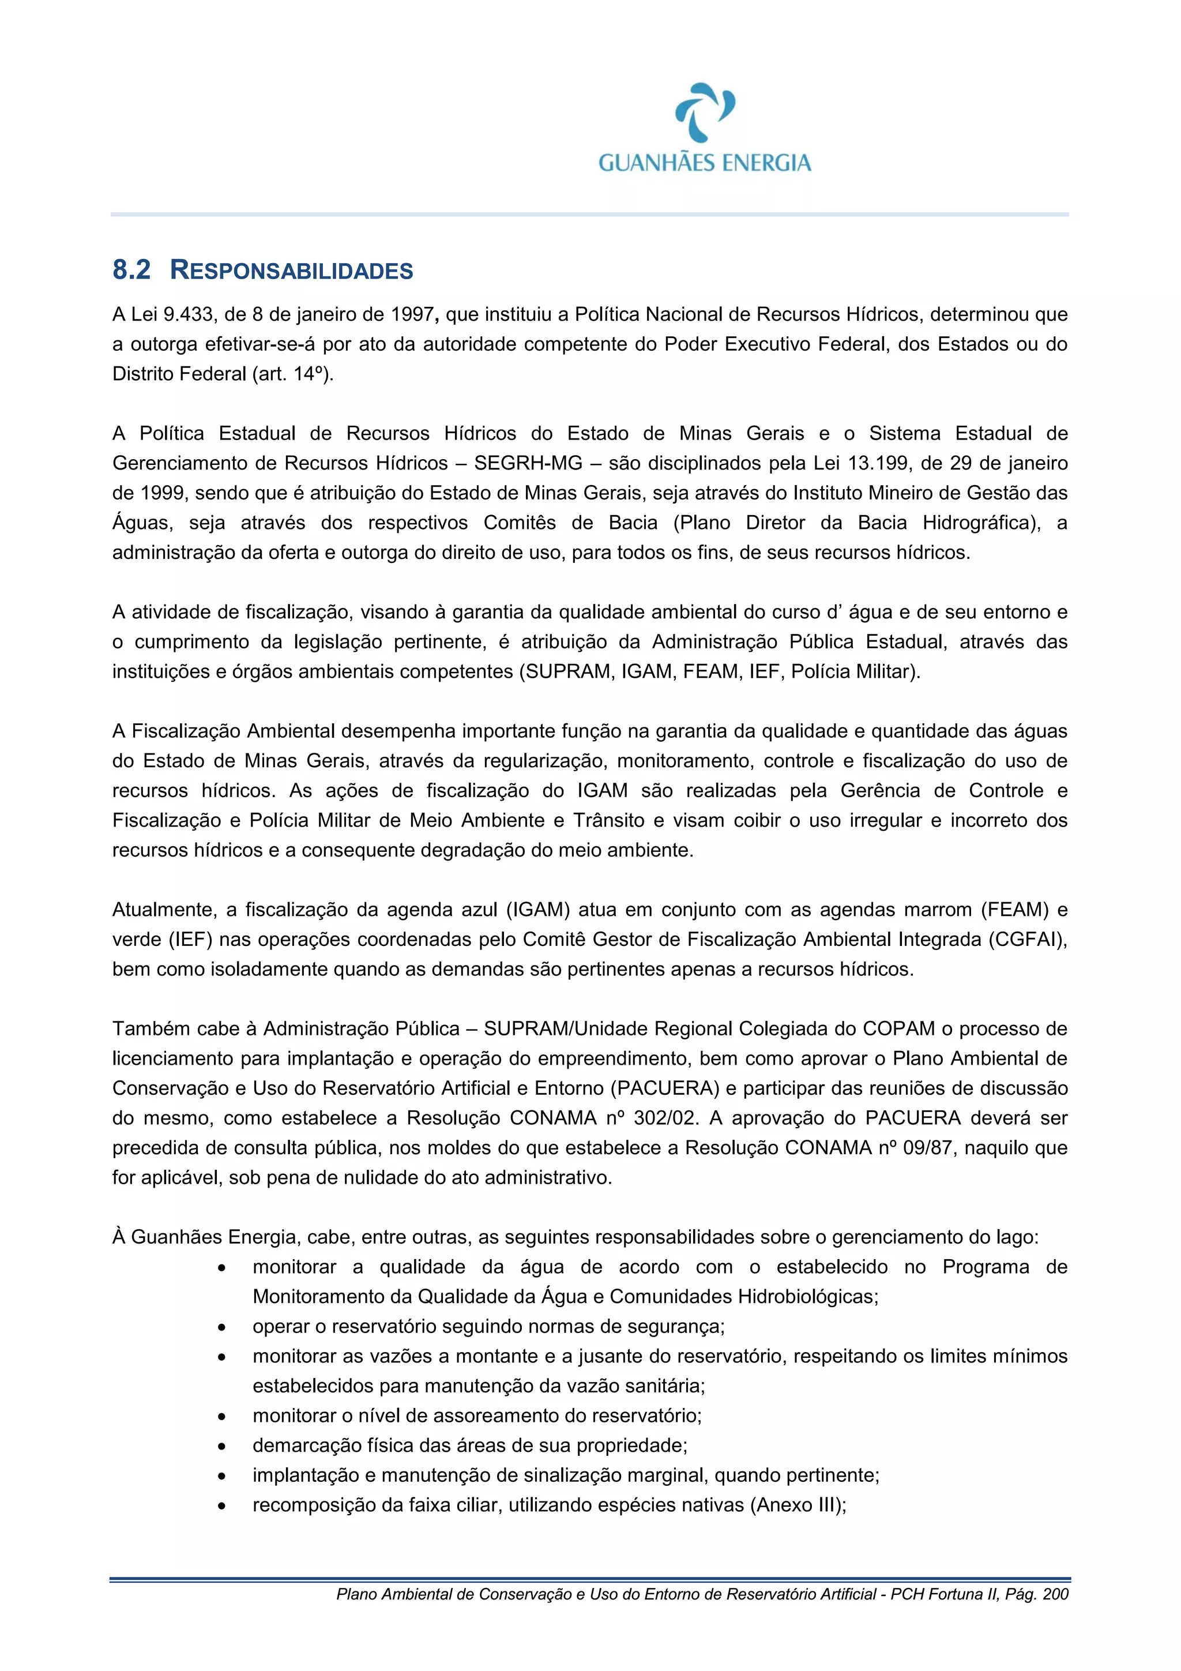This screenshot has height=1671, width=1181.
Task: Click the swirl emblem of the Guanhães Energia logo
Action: pos(704,111)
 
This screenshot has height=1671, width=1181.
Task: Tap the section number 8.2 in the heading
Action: pos(131,270)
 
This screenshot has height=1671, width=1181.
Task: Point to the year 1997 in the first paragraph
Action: pos(412,314)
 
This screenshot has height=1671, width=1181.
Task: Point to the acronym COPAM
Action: pos(898,1028)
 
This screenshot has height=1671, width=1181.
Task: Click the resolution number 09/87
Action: pos(927,1148)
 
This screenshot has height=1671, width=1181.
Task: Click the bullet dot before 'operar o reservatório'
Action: pos(222,1327)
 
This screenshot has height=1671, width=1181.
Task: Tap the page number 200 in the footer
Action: pos(1055,1594)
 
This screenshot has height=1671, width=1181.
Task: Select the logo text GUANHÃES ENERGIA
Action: pos(704,162)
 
